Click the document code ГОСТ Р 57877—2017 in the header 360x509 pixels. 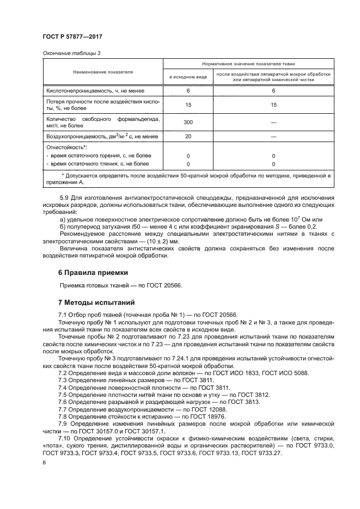(72, 36)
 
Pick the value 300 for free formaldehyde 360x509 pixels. (188, 122)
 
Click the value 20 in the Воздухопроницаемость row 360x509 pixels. (188, 136)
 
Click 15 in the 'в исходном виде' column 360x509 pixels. (188, 105)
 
